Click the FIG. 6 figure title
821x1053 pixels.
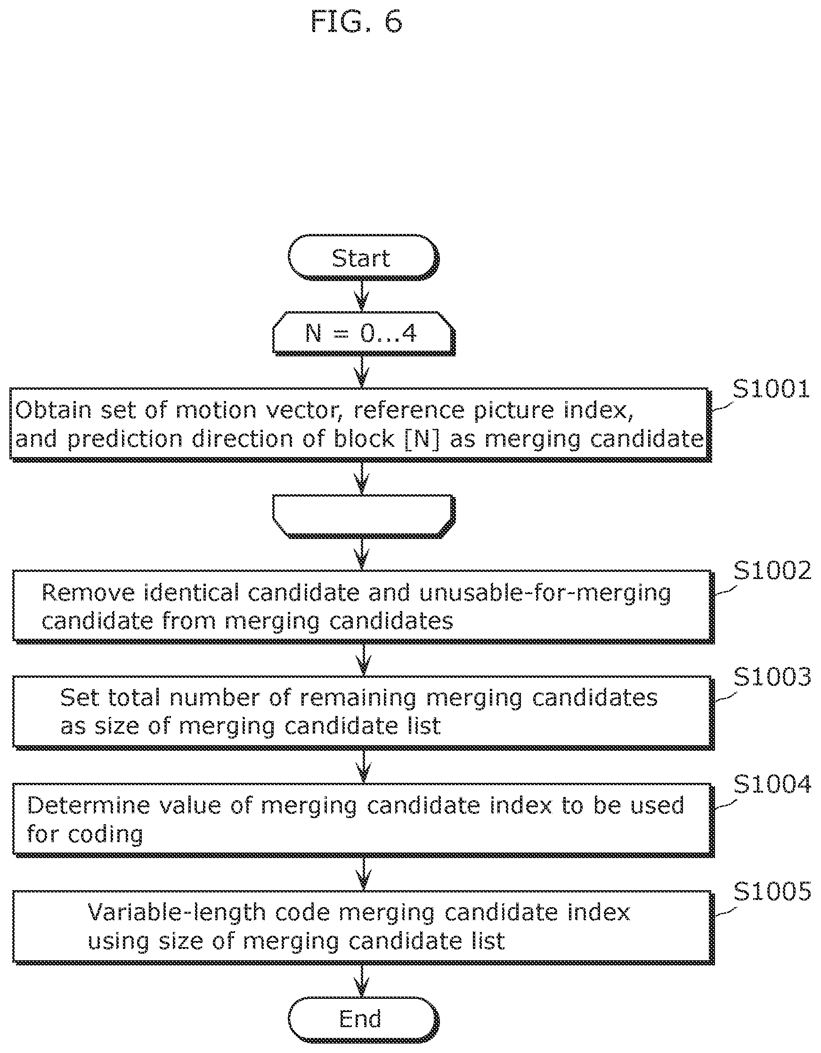click(x=357, y=22)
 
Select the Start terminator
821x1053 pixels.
click(x=363, y=258)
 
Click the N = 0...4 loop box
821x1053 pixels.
click(x=363, y=334)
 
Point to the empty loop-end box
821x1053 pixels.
click(x=363, y=516)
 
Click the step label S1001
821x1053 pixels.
click(x=771, y=389)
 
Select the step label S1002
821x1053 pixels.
click(x=772, y=571)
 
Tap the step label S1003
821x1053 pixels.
click(x=772, y=677)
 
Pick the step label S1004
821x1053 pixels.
click(x=772, y=784)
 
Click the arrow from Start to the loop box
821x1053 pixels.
click(x=362, y=296)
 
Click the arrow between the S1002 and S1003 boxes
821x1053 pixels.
click(x=363, y=659)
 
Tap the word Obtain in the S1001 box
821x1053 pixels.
click(x=54, y=410)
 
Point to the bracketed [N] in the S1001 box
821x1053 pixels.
click(x=422, y=439)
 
